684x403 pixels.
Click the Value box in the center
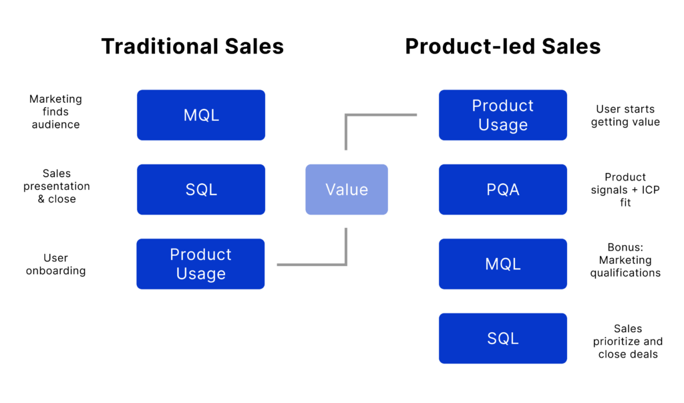point(347,189)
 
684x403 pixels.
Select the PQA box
point(502,189)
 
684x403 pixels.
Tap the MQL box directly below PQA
point(502,264)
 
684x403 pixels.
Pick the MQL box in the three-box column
point(201,115)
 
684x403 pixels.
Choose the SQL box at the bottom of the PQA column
point(502,338)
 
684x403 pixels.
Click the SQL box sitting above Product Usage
point(201,189)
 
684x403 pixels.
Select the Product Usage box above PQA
point(502,115)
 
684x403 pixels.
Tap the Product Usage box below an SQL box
point(201,264)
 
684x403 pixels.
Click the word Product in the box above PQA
point(502,106)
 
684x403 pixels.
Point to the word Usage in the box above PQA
point(502,125)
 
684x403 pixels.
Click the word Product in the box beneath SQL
point(201,255)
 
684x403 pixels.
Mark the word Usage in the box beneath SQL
point(201,274)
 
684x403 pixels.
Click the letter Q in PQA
point(502,190)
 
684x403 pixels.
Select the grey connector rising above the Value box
point(345,134)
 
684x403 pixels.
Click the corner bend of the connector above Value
point(346,115)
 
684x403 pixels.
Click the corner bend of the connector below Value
point(346,265)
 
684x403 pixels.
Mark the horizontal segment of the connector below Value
point(311,265)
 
